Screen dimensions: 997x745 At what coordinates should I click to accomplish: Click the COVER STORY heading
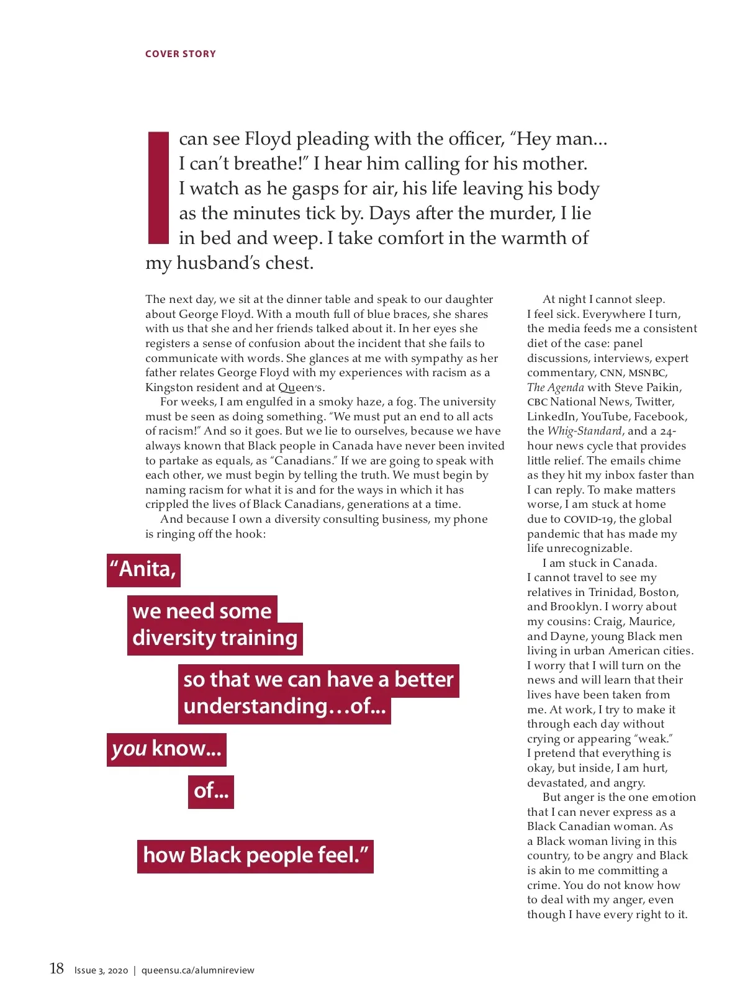180,54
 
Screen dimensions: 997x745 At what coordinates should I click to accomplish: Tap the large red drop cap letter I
158,187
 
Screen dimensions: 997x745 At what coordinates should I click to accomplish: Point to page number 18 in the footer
56,968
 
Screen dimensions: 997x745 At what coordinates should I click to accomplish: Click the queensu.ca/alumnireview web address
197,970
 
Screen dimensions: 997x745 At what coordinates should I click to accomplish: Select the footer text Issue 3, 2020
101,970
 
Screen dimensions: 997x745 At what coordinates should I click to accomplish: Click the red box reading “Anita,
143,570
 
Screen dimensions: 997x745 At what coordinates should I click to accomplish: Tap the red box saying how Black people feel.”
255,856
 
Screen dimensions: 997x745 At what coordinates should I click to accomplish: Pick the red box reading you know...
166,749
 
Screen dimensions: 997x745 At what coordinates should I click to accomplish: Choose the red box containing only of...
210,792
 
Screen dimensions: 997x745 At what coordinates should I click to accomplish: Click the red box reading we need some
202,611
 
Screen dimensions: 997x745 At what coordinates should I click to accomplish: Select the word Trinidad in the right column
610,592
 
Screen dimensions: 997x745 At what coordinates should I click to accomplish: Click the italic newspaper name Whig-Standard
584,431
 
